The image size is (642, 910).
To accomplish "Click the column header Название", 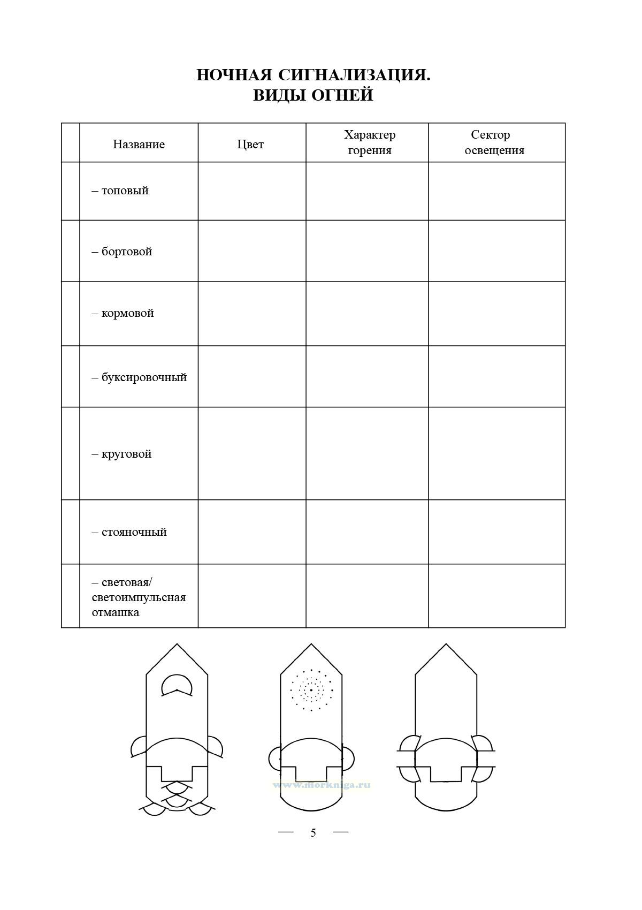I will point(139,144).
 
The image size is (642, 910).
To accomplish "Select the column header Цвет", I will point(250,144).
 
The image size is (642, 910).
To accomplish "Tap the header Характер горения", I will point(369,142).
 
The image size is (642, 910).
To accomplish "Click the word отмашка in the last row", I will point(116,612).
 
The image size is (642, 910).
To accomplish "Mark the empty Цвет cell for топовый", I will point(251,191).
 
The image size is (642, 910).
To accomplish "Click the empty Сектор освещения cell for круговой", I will point(496,453).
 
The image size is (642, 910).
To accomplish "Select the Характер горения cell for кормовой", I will point(367,314).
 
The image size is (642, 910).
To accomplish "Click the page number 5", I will point(313,833).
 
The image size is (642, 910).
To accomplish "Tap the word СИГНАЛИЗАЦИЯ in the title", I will point(354,75).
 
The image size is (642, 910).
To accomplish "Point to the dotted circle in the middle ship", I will point(311,690).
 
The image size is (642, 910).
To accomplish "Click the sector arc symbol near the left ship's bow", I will point(177,686).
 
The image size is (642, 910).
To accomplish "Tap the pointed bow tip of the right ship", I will point(446,644).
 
